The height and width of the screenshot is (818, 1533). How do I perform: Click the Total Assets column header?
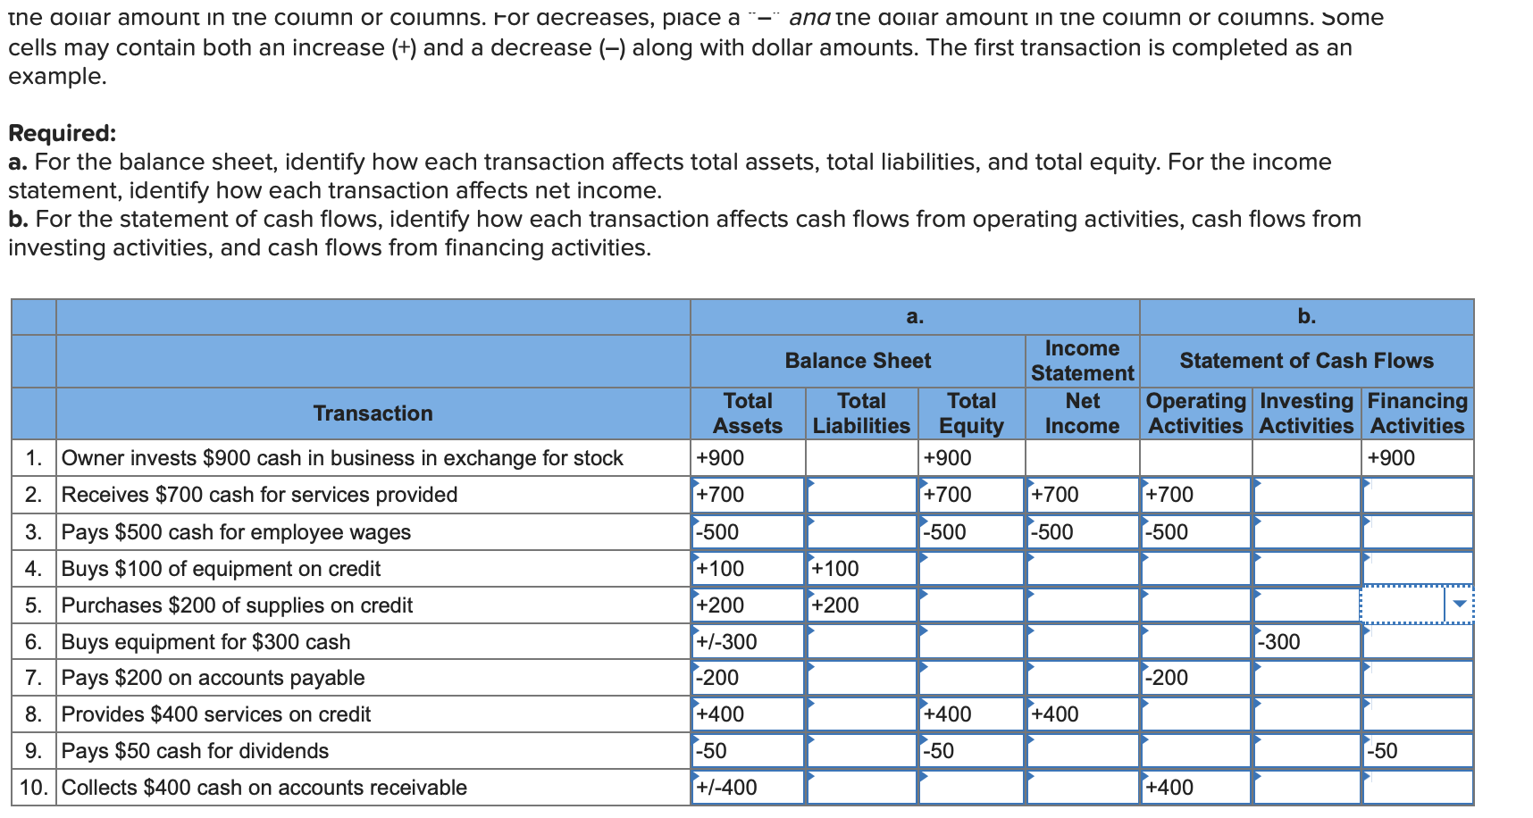tap(748, 413)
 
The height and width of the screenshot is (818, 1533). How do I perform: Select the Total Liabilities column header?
tap(861, 413)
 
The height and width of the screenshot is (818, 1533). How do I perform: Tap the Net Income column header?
tap(1082, 413)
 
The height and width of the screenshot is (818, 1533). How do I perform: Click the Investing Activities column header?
tap(1306, 413)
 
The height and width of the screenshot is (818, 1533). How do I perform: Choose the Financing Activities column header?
tap(1418, 413)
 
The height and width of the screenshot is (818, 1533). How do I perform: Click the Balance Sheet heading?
tap(858, 361)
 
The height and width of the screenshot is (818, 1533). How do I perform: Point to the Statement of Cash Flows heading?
tap(1306, 361)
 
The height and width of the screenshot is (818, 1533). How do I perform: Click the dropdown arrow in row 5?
tap(1460, 605)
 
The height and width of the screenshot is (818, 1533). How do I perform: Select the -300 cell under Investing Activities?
tap(1306, 641)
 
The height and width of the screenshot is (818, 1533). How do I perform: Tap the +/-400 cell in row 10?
tap(748, 788)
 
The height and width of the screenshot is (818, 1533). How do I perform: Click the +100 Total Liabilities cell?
tap(861, 569)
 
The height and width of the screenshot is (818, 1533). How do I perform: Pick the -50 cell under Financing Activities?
tap(1418, 751)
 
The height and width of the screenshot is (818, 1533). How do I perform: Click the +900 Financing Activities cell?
tap(1418, 458)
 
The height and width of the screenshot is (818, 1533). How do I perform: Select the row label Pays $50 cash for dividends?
tap(195, 751)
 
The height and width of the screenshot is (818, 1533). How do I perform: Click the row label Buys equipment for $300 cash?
tap(205, 642)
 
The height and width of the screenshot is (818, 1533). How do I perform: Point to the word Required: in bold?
tap(63, 133)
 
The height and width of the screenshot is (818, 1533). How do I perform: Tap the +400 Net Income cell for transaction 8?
tap(1082, 714)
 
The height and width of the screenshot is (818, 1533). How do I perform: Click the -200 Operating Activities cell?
tap(1195, 678)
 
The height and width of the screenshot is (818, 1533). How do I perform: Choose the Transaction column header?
tap(373, 413)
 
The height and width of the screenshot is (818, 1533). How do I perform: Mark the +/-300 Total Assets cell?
tap(748, 641)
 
